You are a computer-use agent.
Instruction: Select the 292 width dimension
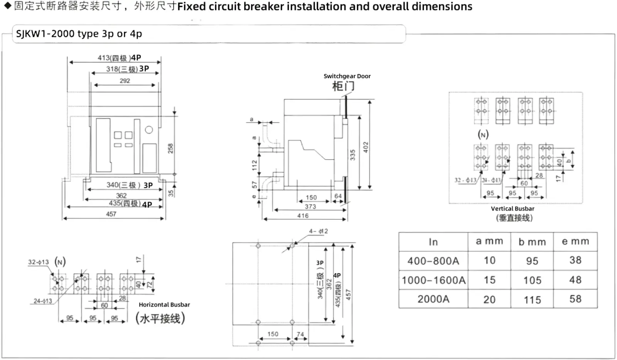125,81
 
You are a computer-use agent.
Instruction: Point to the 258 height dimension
170,148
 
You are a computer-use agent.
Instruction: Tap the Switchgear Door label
347,76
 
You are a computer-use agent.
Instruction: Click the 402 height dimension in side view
366,147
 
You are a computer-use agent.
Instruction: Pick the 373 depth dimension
310,207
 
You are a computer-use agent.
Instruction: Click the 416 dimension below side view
303,216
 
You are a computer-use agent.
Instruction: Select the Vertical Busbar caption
512,209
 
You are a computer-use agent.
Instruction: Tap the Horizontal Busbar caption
164,304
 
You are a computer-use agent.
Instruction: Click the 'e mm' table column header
575,242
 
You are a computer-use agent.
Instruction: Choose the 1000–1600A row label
433,280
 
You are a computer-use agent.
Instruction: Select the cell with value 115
532,300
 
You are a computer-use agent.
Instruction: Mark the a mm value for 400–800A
489,261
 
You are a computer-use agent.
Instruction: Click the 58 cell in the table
575,299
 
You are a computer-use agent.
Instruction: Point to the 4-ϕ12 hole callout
318,231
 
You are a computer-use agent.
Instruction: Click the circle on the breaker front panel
149,130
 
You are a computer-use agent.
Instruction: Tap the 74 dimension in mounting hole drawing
300,334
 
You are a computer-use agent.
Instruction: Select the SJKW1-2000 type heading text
79,34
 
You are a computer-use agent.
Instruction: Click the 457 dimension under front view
111,214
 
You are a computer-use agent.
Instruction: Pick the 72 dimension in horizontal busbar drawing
150,284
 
